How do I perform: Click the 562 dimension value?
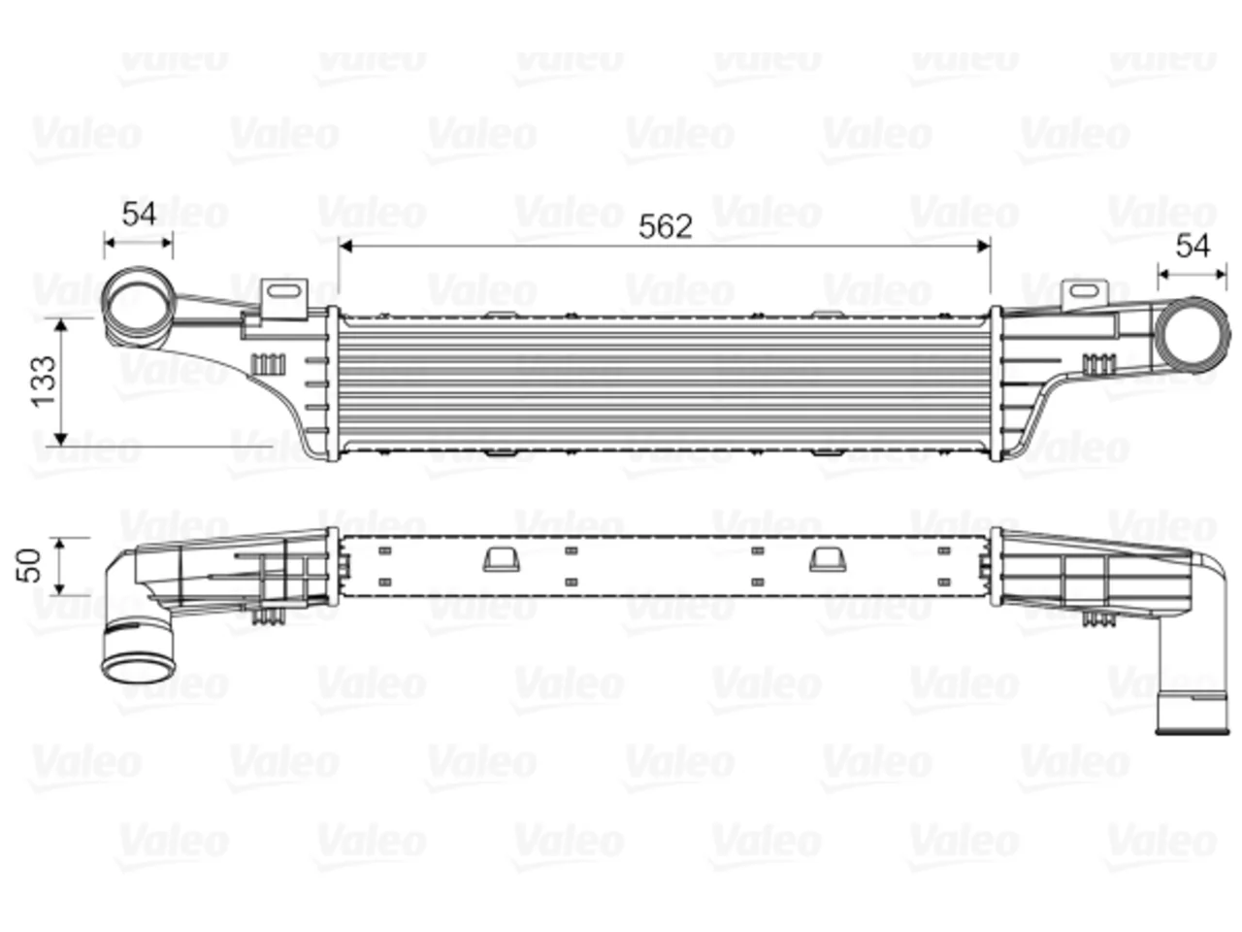[665, 226]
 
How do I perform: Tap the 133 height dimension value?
[45, 381]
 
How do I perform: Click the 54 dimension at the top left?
[139, 214]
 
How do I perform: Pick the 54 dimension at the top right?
[1193, 246]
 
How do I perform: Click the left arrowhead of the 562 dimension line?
[345, 247]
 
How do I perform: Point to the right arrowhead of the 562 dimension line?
[984, 247]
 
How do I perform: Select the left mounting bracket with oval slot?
[285, 298]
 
